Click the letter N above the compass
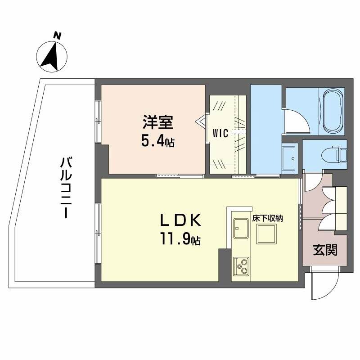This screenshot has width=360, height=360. [x=57, y=36]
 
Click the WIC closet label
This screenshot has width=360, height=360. [x=220, y=133]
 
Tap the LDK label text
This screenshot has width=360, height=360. [x=180, y=220]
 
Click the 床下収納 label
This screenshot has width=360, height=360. [x=267, y=218]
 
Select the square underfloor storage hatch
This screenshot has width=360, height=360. [x=266, y=234]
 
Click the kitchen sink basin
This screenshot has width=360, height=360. [x=241, y=229]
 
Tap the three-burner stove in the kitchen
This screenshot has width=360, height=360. [x=241, y=266]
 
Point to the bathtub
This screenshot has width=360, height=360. [x=333, y=112]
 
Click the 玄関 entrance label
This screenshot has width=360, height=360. [x=325, y=250]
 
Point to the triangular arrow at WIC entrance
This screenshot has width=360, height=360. [x=200, y=121]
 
